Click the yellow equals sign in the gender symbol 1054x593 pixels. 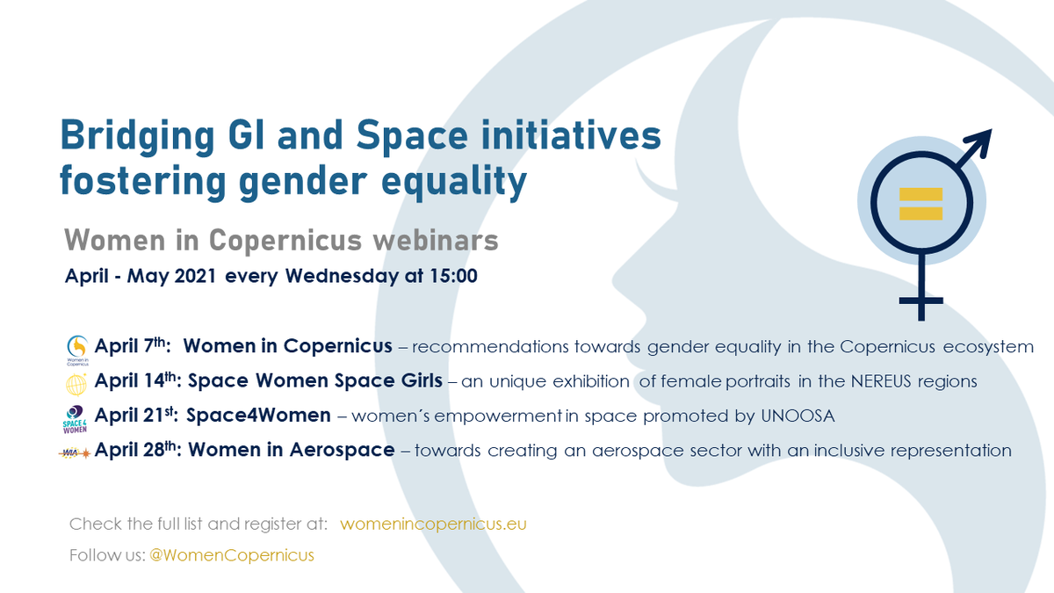point(920,203)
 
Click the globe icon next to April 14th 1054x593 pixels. point(78,382)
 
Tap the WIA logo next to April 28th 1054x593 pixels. point(77,451)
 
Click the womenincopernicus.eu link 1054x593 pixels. point(433,524)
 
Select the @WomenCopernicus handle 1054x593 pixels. point(230,555)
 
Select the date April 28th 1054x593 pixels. point(137,450)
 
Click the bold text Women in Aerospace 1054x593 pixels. point(291,451)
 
